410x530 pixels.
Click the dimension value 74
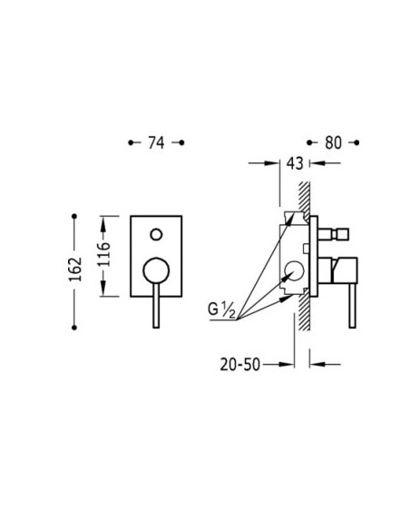[x=156, y=143]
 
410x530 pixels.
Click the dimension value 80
[x=333, y=143]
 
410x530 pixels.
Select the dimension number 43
[x=295, y=163]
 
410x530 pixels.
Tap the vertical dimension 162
[x=75, y=269]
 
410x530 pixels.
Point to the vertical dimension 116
[x=103, y=254]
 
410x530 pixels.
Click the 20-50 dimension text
[x=240, y=365]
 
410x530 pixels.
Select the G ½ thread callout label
[x=221, y=310]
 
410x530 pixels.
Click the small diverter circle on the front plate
[x=156, y=234]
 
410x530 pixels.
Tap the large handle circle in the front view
[x=156, y=270]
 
